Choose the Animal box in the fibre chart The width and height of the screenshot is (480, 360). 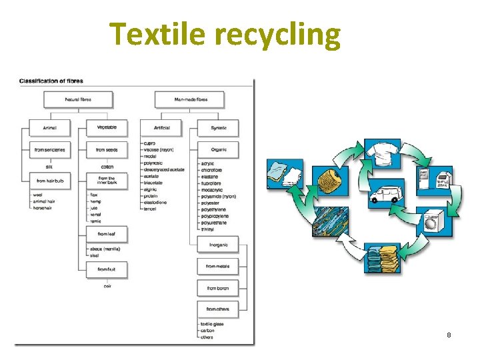coord(49,127)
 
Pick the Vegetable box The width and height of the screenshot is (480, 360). coord(107,127)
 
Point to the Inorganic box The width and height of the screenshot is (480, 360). coord(217,244)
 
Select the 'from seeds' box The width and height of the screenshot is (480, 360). coord(107,150)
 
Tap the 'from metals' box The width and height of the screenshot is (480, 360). coord(217,266)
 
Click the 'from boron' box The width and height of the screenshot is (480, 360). coord(217,288)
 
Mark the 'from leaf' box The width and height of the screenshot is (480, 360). coord(107,234)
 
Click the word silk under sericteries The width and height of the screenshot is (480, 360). coord(49,166)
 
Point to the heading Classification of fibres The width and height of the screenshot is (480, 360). coord(51,81)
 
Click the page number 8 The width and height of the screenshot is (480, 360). coord(449,335)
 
